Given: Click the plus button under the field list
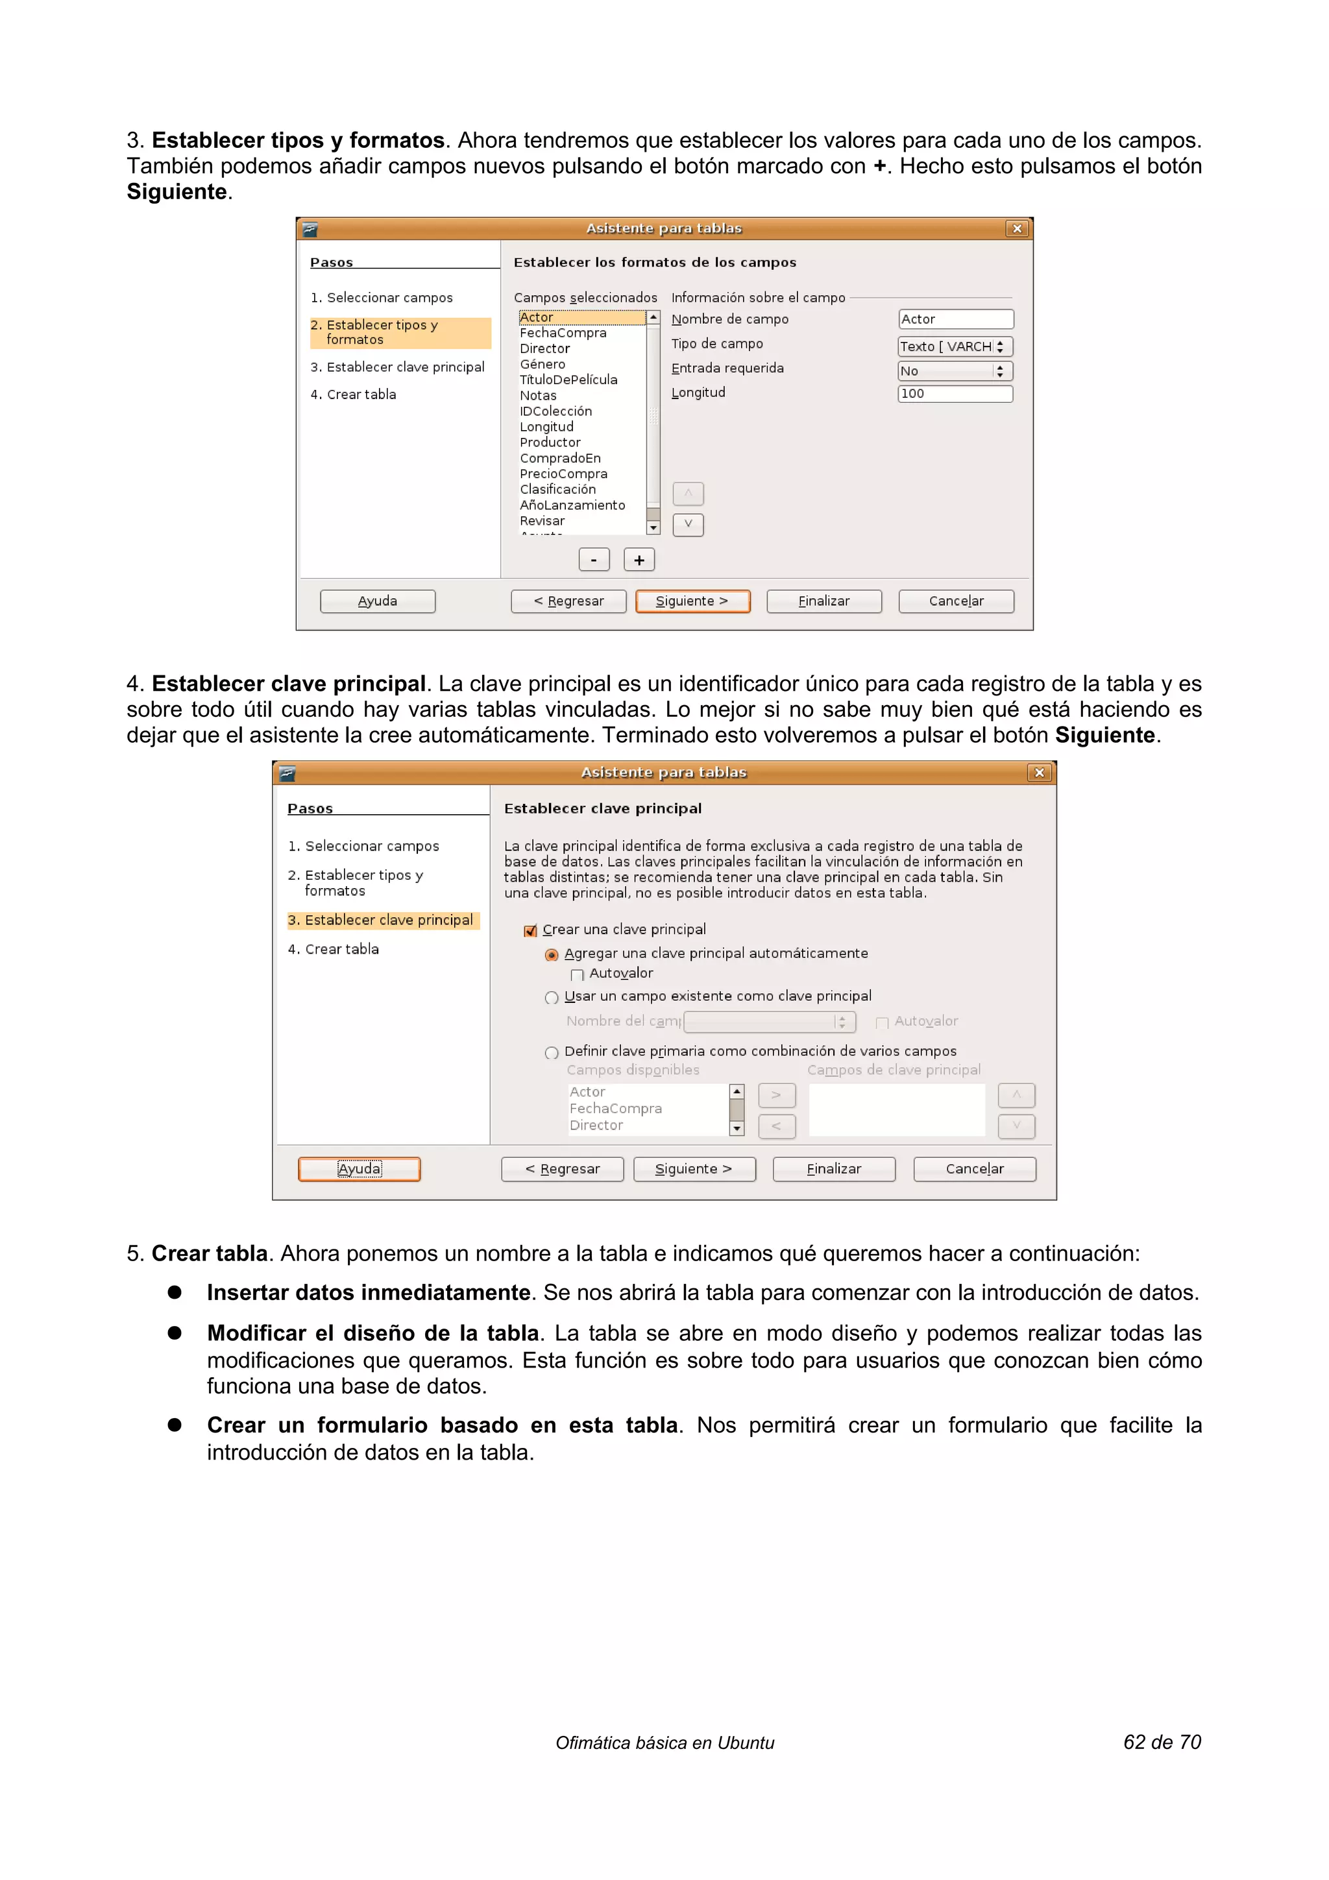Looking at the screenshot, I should click(639, 560).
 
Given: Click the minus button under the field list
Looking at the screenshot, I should click(594, 560).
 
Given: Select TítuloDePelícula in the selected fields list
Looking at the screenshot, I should click(568, 380).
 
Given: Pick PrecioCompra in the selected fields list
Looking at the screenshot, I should click(563, 474).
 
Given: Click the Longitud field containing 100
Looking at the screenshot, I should click(955, 394).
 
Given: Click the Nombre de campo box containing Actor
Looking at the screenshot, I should click(955, 319).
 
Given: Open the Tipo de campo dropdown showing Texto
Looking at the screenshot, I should click(955, 346).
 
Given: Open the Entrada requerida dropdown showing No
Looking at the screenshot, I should click(955, 371).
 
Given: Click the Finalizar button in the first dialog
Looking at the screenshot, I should click(823, 601).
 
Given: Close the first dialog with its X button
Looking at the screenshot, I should click(1017, 229).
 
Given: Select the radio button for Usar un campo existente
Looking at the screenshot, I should click(552, 997).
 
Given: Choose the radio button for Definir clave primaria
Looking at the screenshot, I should click(552, 1053).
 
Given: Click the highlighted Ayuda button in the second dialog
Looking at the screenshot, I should click(360, 1169).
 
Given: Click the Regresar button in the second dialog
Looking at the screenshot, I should click(563, 1169).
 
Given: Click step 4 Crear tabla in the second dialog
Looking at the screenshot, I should click(341, 950).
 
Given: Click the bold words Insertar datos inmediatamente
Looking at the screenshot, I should click(369, 1293).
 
